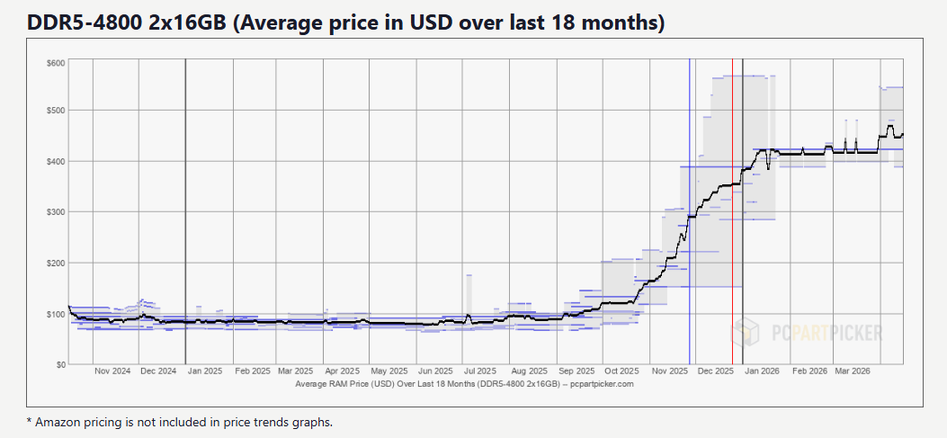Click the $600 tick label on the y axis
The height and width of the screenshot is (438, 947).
click(55, 62)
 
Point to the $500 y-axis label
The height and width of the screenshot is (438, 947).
click(55, 111)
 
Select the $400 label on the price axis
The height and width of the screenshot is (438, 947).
click(55, 161)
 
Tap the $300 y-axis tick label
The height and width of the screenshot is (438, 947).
click(55, 212)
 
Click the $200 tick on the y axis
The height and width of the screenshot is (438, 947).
click(55, 263)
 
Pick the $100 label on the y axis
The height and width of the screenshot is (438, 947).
click(55, 314)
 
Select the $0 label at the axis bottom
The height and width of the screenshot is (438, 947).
click(58, 364)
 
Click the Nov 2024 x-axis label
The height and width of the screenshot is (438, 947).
click(113, 371)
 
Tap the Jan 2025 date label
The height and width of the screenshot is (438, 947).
click(205, 371)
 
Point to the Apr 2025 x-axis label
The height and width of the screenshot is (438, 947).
click(343, 371)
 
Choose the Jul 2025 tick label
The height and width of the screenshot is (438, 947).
click(479, 371)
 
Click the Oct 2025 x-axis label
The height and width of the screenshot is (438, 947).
click(621, 371)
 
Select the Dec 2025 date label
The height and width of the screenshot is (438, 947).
click(717, 371)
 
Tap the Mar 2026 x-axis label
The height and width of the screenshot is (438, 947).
click(852, 371)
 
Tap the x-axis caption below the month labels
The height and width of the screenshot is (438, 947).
click(464, 384)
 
